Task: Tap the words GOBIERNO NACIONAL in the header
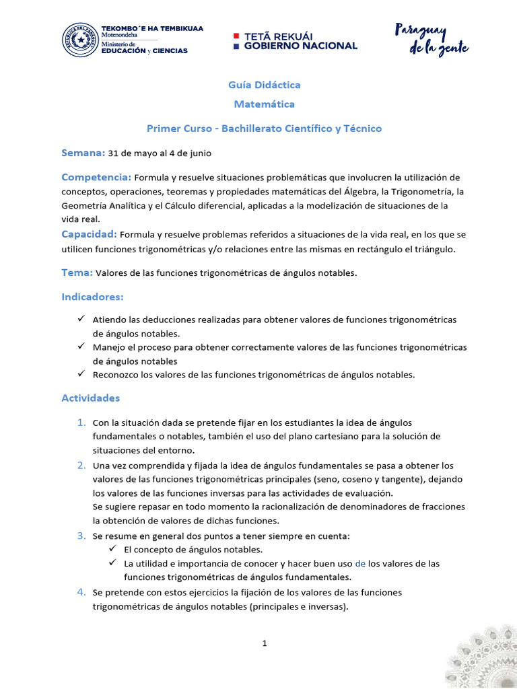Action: click(x=300, y=46)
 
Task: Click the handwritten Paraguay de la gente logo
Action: click(x=431, y=39)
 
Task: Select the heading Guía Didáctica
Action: click(x=264, y=85)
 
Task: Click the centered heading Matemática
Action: click(x=264, y=104)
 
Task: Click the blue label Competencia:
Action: click(x=96, y=177)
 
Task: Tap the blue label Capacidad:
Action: click(x=90, y=234)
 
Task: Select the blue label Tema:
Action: click(x=77, y=273)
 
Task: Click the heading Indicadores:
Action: click(x=92, y=296)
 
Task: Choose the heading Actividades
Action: click(x=90, y=398)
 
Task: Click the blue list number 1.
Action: click(x=81, y=423)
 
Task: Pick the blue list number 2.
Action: click(x=81, y=465)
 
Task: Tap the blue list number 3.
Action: click(x=81, y=536)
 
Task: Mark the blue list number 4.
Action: click(x=81, y=592)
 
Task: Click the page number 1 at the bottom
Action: click(x=265, y=643)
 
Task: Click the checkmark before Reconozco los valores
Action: click(x=81, y=373)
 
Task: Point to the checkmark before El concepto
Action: click(x=113, y=549)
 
